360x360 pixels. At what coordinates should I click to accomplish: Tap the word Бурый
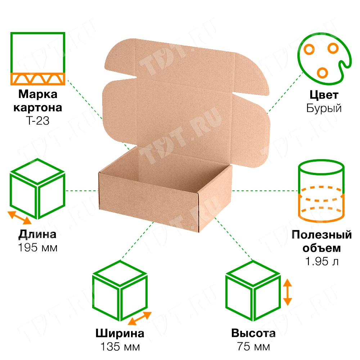[x=324, y=108]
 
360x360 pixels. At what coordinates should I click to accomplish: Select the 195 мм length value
[x=37, y=248]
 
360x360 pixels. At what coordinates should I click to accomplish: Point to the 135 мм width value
[x=120, y=347]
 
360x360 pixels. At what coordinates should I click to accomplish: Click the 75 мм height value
[x=253, y=347]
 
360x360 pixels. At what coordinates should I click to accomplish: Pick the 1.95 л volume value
[x=322, y=262]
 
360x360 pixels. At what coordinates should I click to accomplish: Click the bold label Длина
[x=37, y=235]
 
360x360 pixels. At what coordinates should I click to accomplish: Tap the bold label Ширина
[x=120, y=333]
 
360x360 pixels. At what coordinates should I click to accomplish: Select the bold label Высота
[x=253, y=333]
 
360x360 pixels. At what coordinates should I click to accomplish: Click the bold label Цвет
[x=324, y=95]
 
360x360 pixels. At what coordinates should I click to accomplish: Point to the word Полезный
[x=321, y=235]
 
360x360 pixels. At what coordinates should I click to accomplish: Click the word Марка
[x=37, y=95]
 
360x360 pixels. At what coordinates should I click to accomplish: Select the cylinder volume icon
[x=321, y=193]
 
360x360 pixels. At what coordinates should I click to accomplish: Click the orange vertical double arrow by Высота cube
[x=287, y=292]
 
